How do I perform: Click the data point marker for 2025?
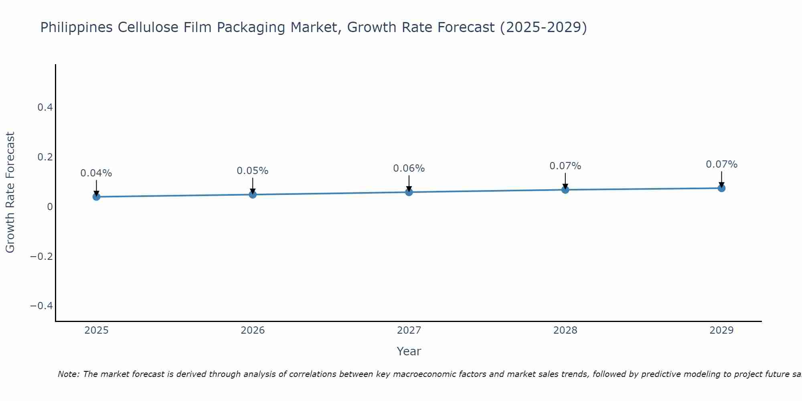pos(96,196)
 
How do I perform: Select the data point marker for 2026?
pos(253,194)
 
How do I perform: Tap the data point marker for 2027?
pos(409,192)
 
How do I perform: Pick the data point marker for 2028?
pos(565,190)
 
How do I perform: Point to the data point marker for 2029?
pos(721,188)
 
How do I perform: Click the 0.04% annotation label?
pos(96,173)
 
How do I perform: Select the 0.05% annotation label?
pos(253,171)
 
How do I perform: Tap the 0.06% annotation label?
pos(409,168)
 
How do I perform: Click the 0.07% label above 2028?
pos(565,166)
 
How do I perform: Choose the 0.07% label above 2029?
pos(721,164)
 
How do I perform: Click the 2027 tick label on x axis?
pos(409,330)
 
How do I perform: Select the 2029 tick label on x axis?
pos(721,330)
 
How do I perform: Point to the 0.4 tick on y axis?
pos(45,107)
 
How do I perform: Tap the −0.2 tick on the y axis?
pos(42,256)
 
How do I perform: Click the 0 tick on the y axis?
pos(50,207)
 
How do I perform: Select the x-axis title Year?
pos(409,351)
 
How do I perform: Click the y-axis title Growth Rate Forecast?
pos(10,192)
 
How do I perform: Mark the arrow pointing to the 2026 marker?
pos(253,185)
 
